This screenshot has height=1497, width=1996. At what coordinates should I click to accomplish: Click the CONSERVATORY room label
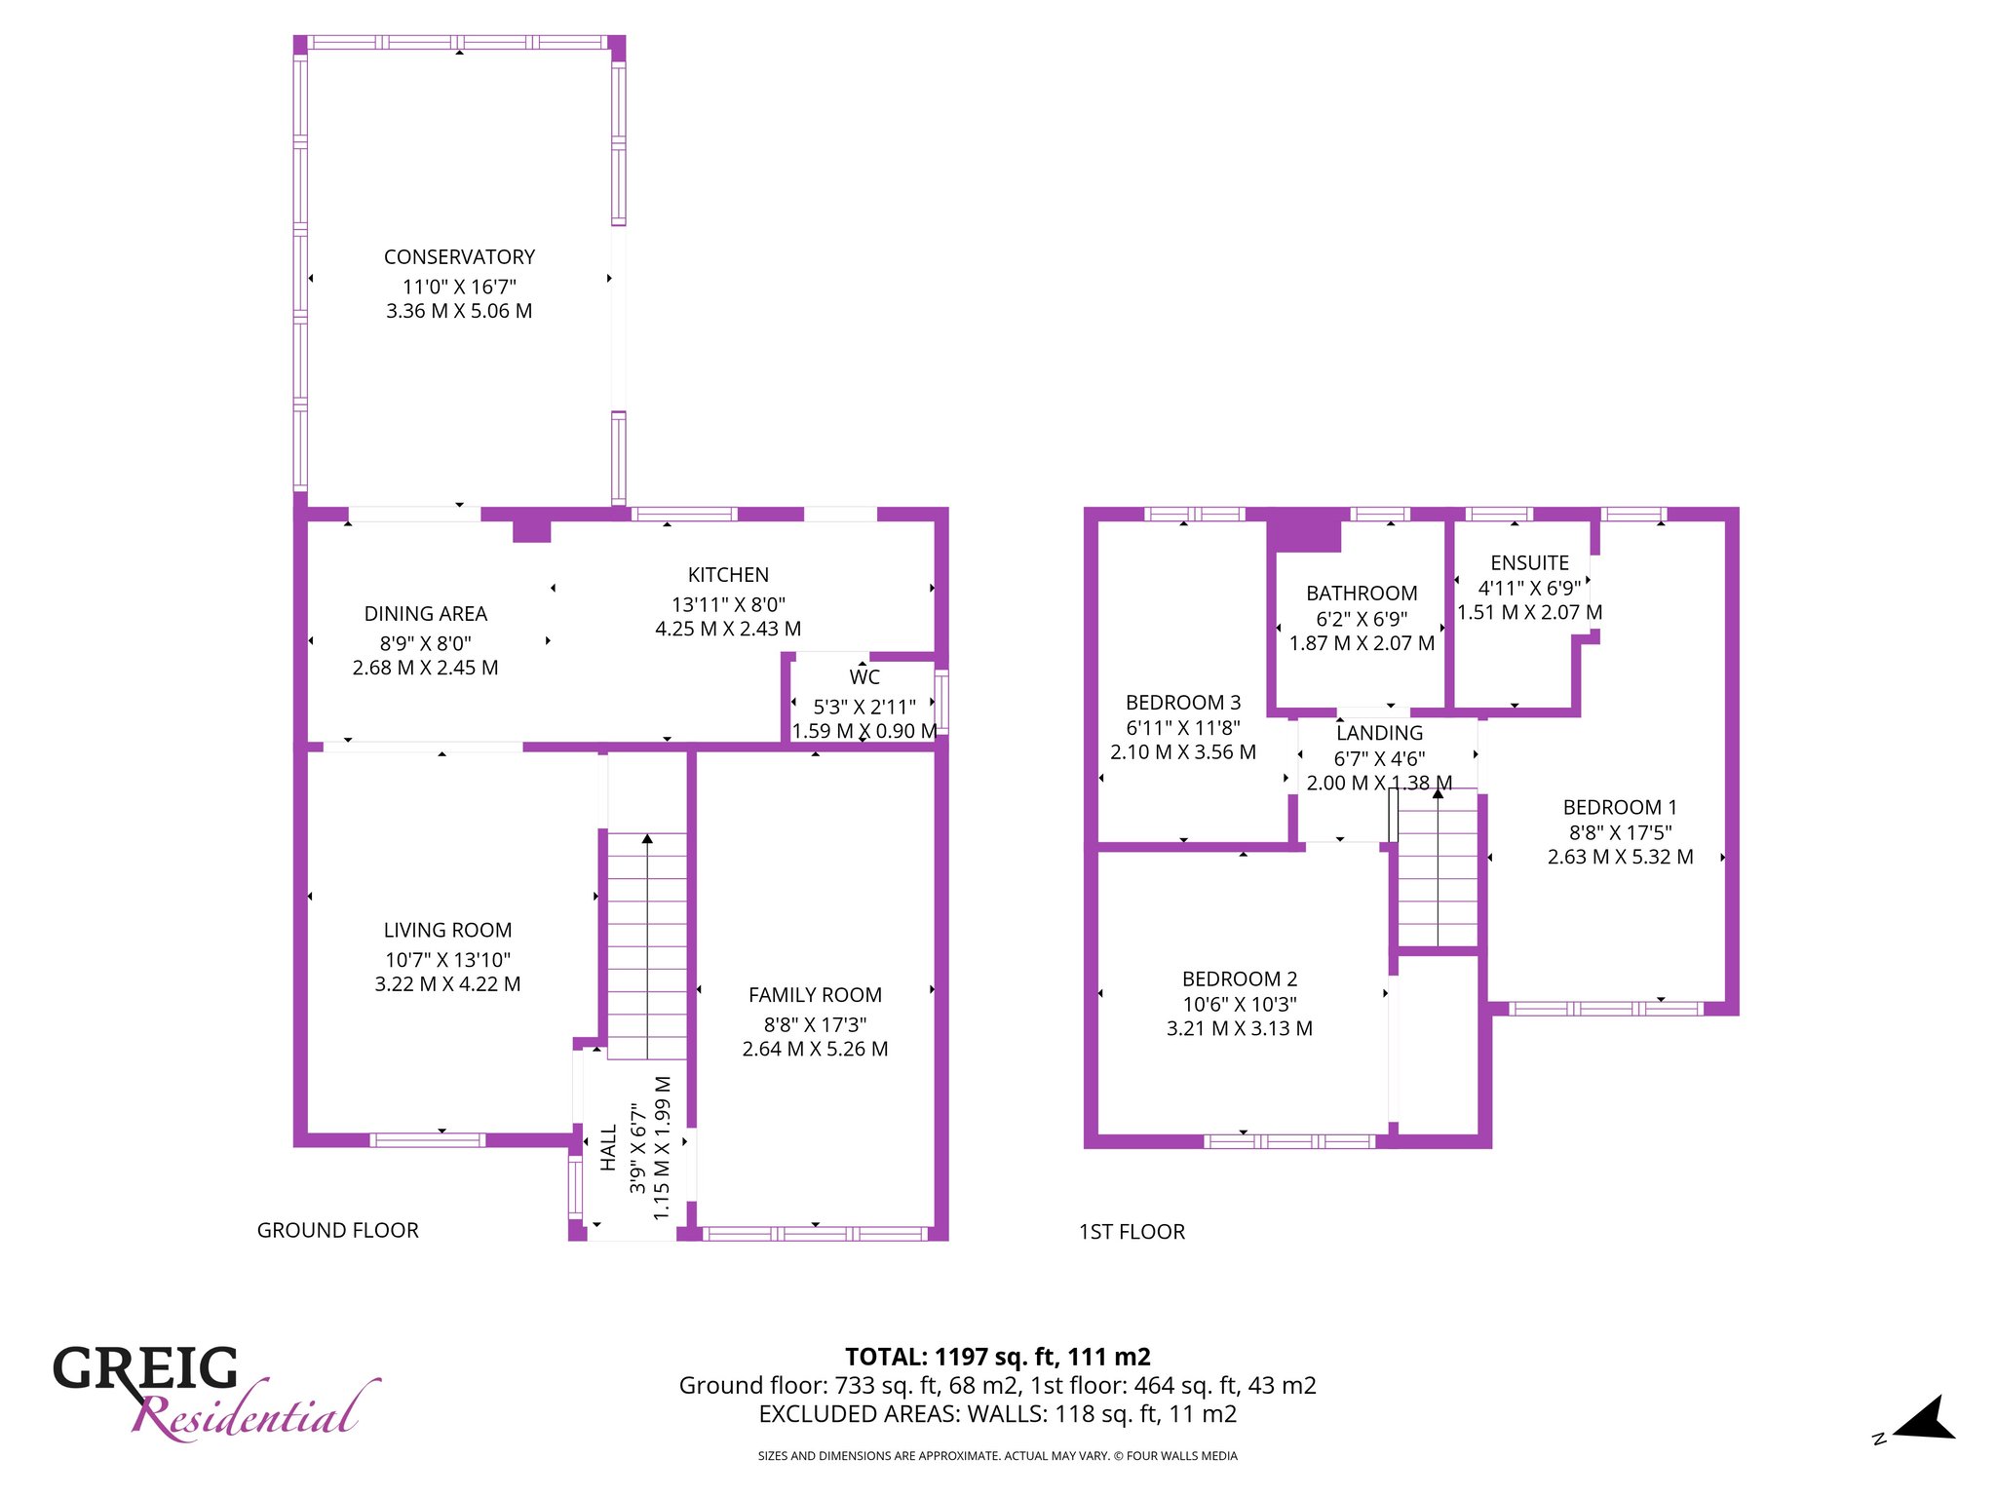pos(459,257)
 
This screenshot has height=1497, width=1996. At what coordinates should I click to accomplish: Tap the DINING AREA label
pos(426,614)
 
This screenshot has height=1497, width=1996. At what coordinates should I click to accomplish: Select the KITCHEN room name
pos(728,575)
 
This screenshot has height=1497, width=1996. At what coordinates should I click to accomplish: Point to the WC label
pos(864,677)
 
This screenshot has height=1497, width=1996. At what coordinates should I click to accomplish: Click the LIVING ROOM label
pos(447,931)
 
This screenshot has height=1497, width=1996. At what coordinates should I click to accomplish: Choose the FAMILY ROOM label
pos(815,995)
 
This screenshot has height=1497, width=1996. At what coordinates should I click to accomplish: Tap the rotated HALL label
pos(609,1147)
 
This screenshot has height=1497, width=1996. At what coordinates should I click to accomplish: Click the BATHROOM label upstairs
pos(1362,594)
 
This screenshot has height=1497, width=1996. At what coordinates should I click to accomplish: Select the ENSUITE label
pos(1529,563)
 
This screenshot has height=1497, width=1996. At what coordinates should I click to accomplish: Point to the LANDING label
pos(1379,733)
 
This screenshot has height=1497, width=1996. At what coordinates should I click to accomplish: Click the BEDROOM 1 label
pos(1620,808)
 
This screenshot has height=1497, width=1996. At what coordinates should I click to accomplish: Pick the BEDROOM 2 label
pos(1240,979)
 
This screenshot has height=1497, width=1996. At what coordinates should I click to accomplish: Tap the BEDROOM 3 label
pos(1183,703)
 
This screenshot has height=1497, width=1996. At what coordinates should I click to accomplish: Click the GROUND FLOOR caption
pos(338,1231)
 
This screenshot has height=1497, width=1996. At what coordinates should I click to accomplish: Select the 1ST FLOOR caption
pos(1132,1232)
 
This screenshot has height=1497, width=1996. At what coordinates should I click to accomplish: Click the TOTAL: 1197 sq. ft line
pos(998,1357)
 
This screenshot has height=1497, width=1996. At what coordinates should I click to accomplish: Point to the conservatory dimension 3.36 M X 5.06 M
pos(459,311)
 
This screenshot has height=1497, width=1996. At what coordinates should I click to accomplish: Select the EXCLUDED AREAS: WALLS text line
pos(998,1414)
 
